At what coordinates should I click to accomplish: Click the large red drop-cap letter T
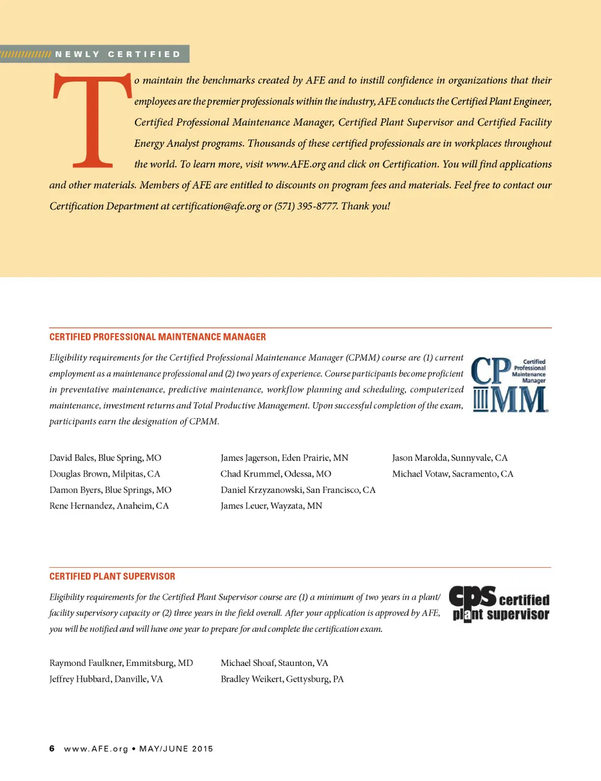point(92,120)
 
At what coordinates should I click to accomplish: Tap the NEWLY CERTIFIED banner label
point(118,54)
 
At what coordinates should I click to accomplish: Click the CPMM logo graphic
point(509,385)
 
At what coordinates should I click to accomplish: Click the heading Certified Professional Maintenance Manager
point(157,337)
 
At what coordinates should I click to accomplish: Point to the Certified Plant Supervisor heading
point(112,577)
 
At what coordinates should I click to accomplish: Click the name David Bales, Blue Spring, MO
point(105,458)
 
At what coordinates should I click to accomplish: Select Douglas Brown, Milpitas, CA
point(104,474)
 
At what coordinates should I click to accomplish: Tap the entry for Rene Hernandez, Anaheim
point(109,506)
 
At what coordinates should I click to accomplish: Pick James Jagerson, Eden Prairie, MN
point(284,458)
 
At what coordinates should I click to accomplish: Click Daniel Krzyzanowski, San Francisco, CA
point(298,490)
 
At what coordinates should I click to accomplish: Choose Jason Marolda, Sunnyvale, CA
point(450,458)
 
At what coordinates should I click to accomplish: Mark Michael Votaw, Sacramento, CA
point(453,474)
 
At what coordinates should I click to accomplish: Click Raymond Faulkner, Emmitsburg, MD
point(121,663)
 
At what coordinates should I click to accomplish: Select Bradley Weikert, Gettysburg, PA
point(282,679)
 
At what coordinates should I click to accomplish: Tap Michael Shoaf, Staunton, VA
point(274,663)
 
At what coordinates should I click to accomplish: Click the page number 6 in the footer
point(52,749)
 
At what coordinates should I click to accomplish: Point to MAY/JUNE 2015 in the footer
point(176,749)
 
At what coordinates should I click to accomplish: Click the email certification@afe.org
point(216,206)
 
